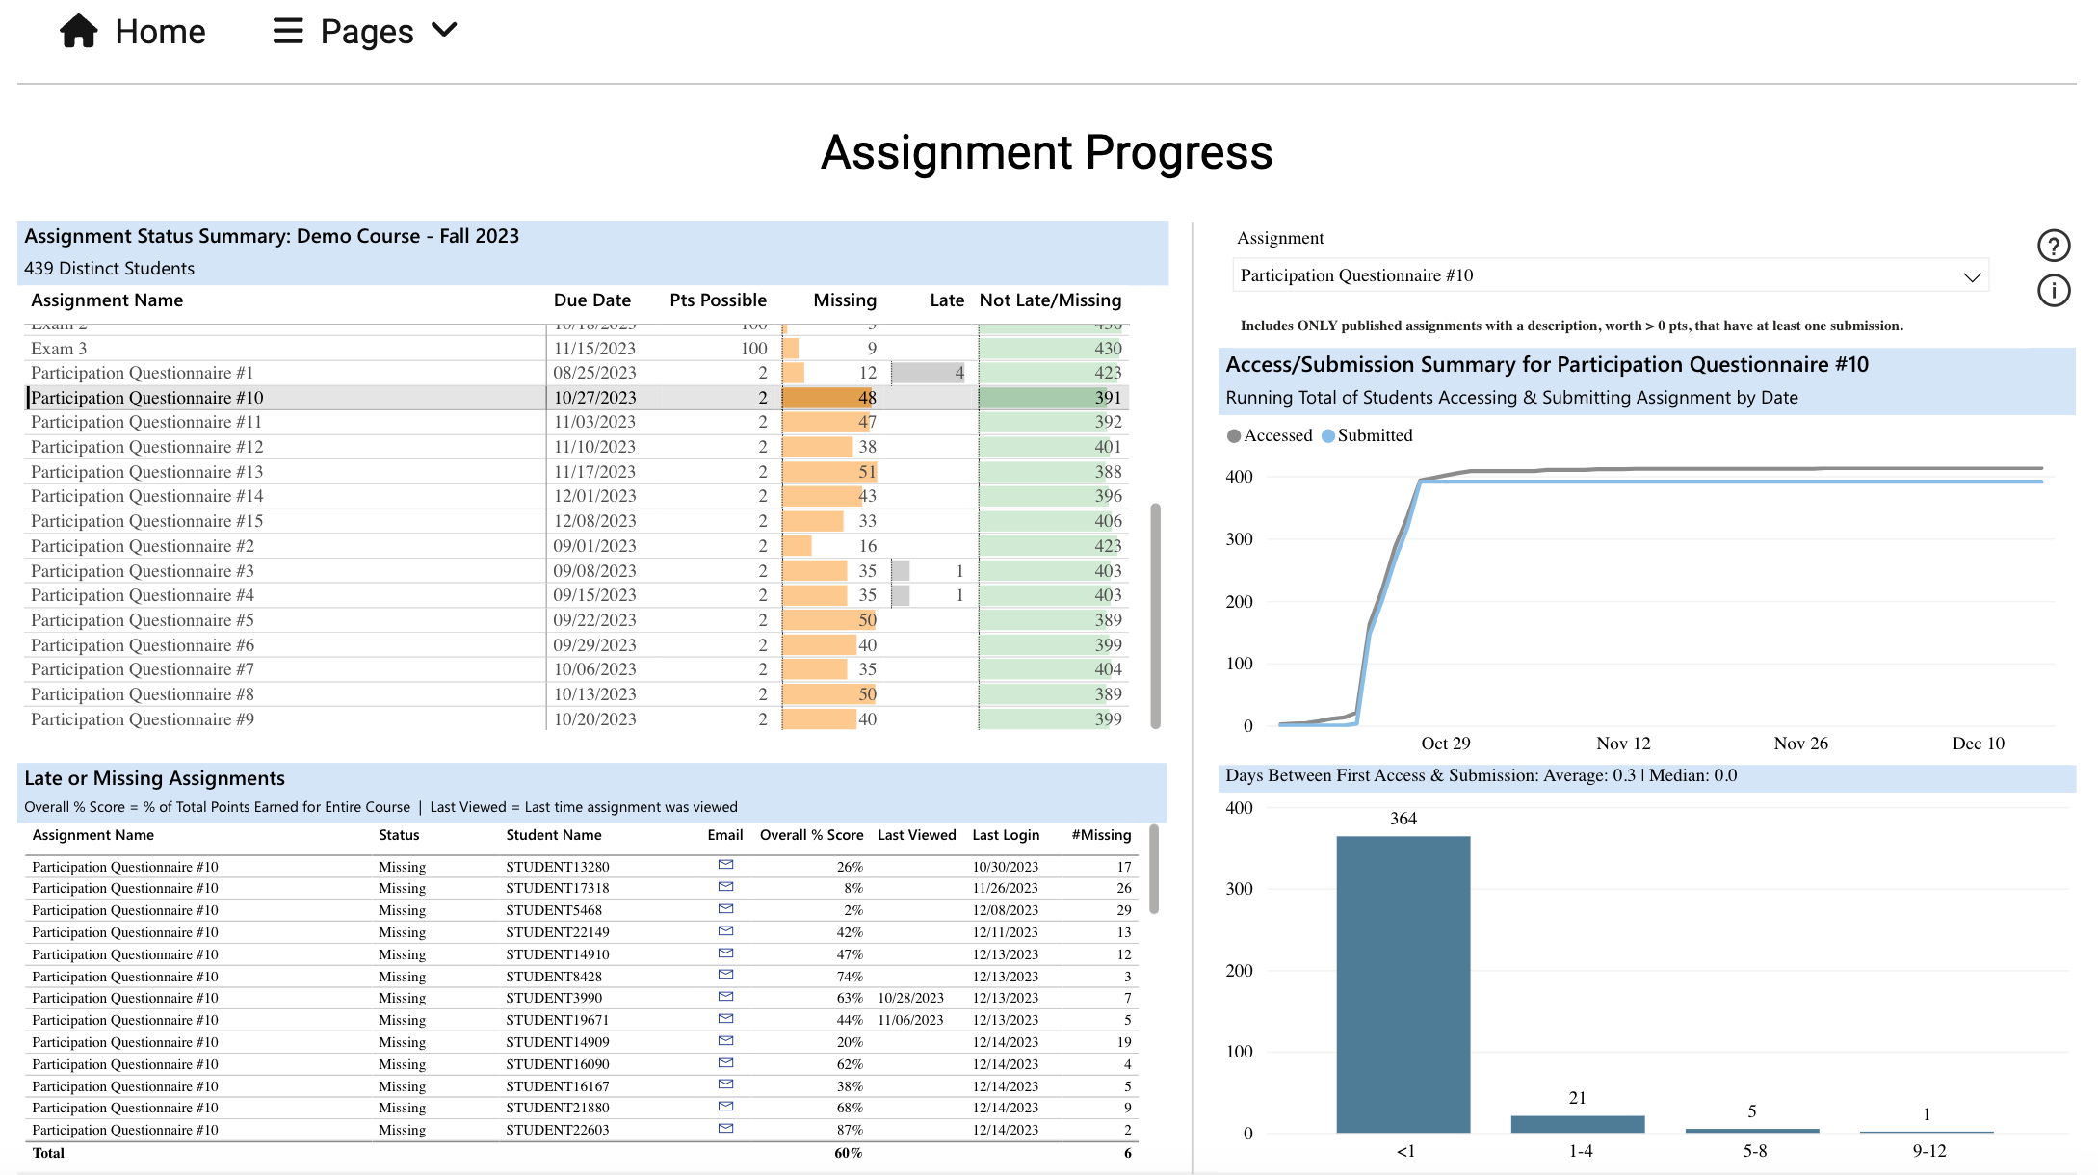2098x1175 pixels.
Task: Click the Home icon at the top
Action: coord(79,31)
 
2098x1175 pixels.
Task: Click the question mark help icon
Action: coord(2053,246)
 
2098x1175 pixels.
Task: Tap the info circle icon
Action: coord(2053,290)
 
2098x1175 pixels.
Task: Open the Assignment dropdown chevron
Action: coord(1971,276)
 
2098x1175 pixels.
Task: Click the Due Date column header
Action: coord(591,300)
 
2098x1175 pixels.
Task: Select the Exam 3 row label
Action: coord(59,349)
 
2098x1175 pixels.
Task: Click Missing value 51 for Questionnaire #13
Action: coord(867,472)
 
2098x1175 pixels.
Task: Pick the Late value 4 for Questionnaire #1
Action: coord(958,373)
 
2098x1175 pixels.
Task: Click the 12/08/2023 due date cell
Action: coord(594,521)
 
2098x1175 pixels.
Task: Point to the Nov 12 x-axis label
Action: coord(1622,744)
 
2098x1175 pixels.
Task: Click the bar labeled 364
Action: coord(1403,982)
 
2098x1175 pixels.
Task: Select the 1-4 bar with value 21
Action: coord(1577,1123)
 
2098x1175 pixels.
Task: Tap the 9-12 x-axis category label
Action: coord(1928,1151)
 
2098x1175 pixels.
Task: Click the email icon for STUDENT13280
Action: coord(725,865)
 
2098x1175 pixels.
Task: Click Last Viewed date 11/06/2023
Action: coord(910,1020)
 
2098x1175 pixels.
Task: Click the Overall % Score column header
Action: coord(811,835)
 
